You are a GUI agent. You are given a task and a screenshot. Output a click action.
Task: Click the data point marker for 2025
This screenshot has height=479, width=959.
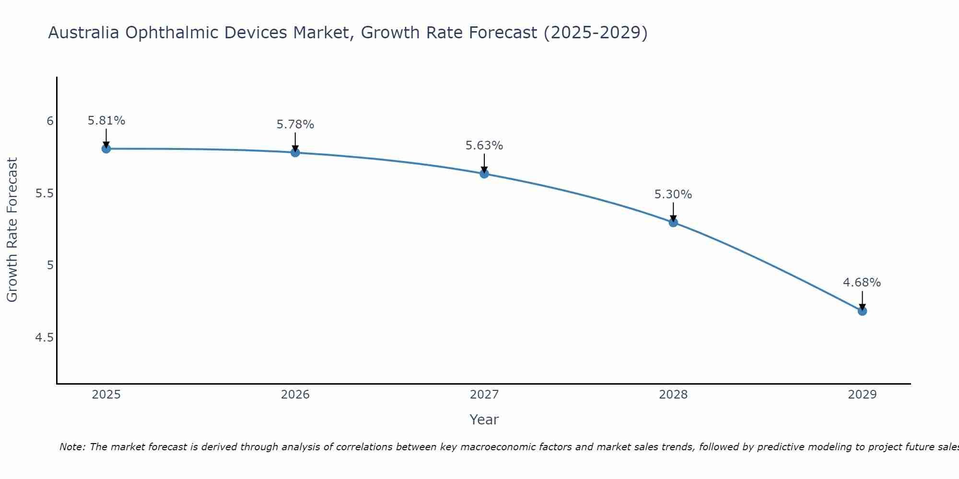[x=106, y=148]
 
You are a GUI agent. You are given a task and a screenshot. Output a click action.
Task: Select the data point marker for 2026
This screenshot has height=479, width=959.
[x=295, y=152]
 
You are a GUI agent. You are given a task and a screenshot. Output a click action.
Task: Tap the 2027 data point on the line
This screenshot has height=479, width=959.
[x=484, y=174]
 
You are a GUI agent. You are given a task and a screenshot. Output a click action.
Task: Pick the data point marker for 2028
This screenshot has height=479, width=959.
[x=673, y=222]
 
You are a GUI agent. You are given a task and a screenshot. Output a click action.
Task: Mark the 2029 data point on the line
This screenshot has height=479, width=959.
[x=862, y=311]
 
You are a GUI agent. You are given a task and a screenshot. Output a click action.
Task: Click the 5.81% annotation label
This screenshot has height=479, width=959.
[x=106, y=121]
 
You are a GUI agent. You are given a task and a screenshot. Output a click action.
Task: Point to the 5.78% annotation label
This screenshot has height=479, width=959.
[x=295, y=125]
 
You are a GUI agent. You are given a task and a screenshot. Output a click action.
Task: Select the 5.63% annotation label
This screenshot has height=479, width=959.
[x=484, y=146]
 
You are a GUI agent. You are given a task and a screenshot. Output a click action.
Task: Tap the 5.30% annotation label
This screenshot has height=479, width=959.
[x=673, y=194]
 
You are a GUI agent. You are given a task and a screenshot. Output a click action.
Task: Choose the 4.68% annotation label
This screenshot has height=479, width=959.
[x=862, y=283]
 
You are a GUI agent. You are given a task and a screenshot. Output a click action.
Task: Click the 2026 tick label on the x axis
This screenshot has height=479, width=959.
[x=295, y=395]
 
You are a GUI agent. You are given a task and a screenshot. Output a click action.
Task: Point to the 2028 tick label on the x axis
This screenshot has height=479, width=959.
[x=673, y=395]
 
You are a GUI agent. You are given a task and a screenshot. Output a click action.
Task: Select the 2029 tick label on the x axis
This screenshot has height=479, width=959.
[x=862, y=395]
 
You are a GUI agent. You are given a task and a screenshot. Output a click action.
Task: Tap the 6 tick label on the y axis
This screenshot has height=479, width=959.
[x=50, y=121]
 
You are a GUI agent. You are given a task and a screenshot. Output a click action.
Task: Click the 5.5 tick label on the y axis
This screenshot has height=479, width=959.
[x=45, y=194]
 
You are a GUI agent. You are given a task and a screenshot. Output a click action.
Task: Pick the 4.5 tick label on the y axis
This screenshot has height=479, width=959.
[x=45, y=338]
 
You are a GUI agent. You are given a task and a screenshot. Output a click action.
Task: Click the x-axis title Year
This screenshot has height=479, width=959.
[x=484, y=420]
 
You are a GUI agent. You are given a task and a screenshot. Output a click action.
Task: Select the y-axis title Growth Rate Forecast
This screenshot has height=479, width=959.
[x=12, y=230]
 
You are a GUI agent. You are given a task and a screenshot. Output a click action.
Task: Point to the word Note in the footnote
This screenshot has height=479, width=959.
[x=72, y=447]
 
